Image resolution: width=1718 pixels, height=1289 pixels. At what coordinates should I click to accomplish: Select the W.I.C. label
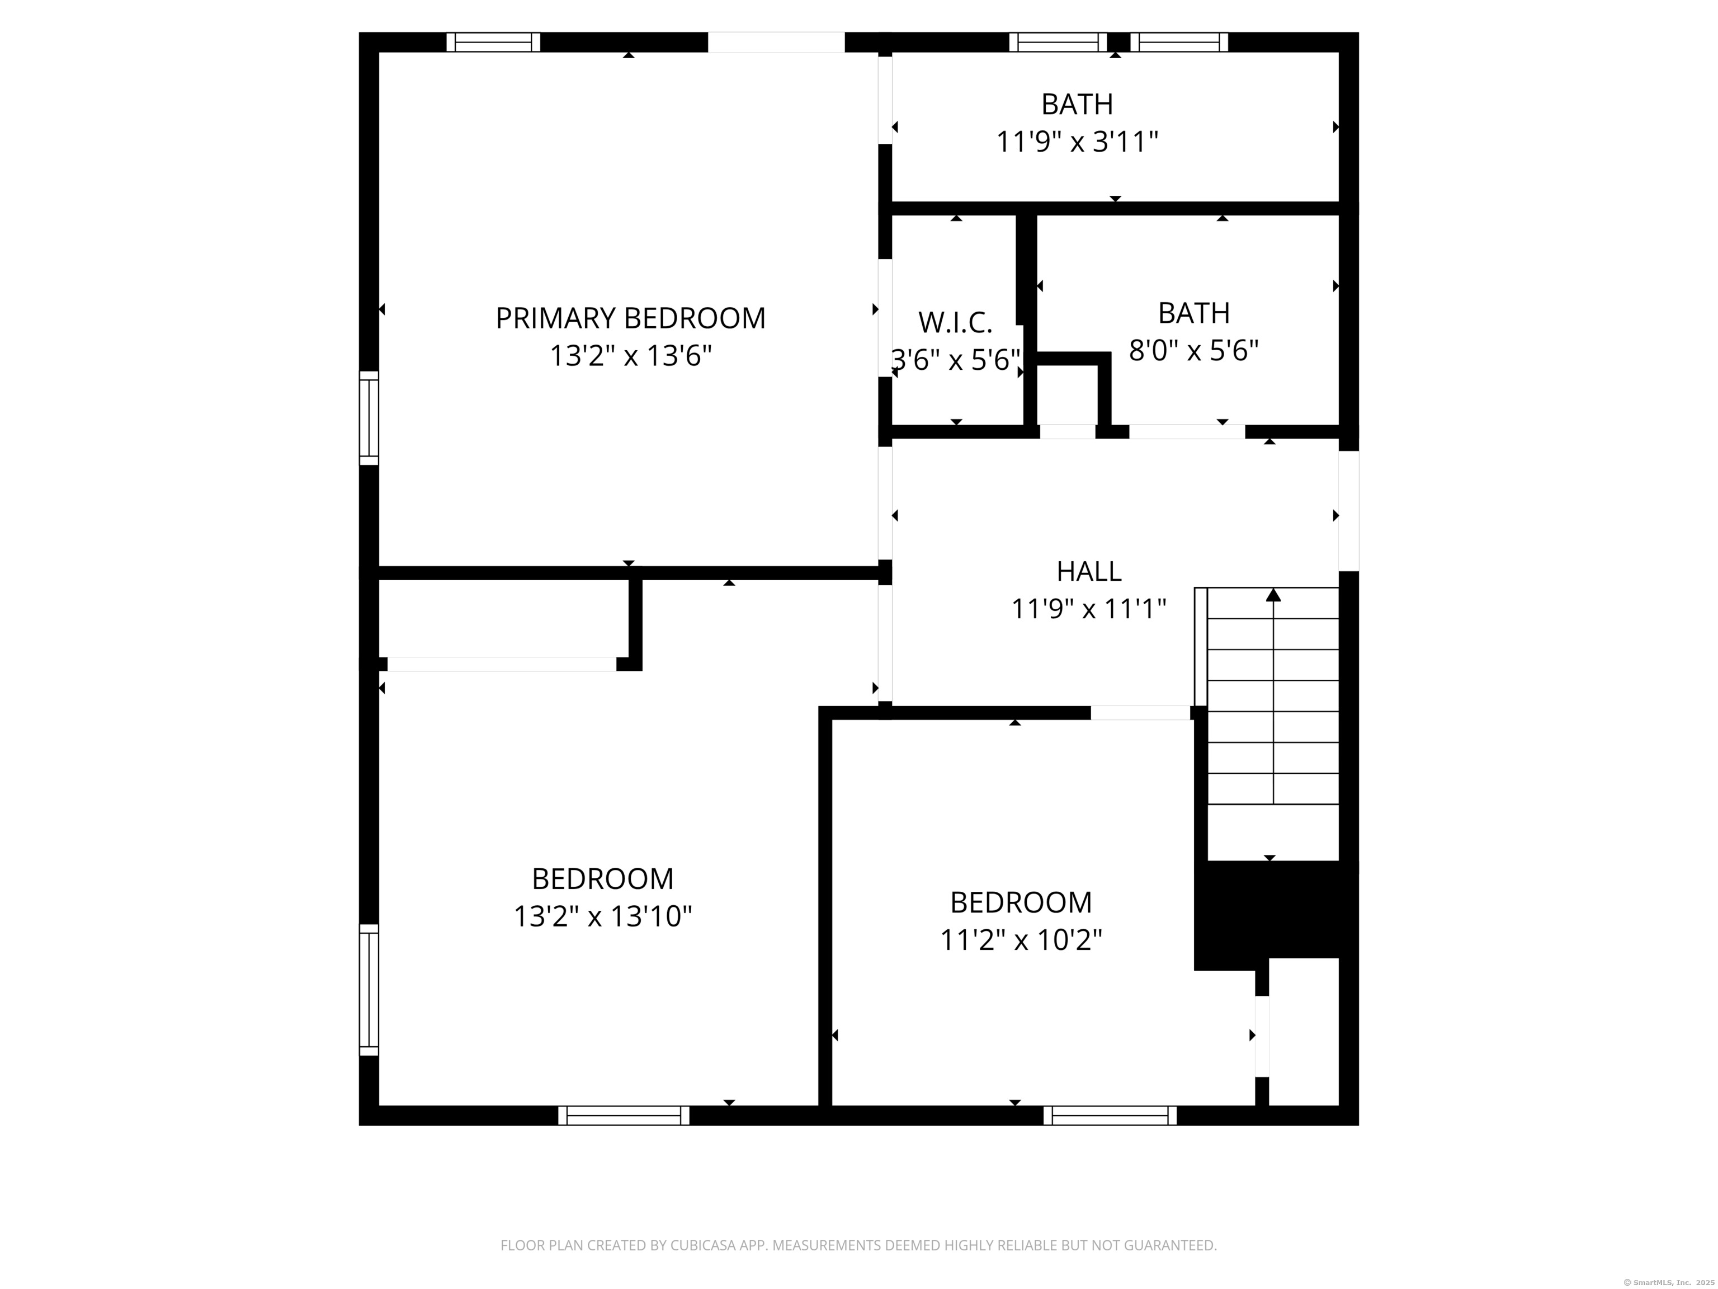955,322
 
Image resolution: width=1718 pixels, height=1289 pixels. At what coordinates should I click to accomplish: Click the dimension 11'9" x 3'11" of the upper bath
1077,142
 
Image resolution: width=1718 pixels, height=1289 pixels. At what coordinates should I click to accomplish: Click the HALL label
1088,572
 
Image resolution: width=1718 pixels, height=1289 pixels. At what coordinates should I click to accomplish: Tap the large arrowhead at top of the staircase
1273,595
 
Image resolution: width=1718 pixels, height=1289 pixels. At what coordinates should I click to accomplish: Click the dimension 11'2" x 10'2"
1021,940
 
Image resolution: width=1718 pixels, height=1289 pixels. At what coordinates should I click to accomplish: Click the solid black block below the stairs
1274,909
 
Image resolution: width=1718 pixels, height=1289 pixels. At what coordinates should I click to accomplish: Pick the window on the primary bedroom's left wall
369,418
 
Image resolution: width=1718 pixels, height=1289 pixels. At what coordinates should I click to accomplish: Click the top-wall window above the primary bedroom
493,42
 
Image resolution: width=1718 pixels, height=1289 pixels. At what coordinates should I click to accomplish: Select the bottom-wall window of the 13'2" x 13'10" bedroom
624,1116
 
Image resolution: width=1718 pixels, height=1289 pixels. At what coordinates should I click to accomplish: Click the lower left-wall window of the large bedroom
369,989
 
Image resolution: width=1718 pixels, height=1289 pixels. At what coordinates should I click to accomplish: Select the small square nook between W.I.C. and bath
1067,395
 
